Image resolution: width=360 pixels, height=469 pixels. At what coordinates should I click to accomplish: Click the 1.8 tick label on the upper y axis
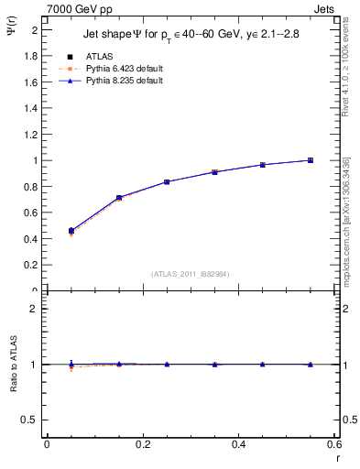point(30,56)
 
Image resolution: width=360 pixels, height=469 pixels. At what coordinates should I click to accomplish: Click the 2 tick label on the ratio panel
point(35,309)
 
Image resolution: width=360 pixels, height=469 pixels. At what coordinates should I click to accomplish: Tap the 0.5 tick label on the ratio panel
point(30,420)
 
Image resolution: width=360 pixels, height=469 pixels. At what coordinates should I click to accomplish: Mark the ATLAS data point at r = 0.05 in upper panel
point(71,231)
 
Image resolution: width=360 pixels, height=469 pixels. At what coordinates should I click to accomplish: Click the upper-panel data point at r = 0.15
point(119,198)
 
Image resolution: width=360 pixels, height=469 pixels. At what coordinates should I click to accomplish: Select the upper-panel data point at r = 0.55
point(311,160)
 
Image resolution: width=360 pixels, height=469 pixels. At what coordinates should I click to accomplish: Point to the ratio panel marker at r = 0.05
point(71,365)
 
